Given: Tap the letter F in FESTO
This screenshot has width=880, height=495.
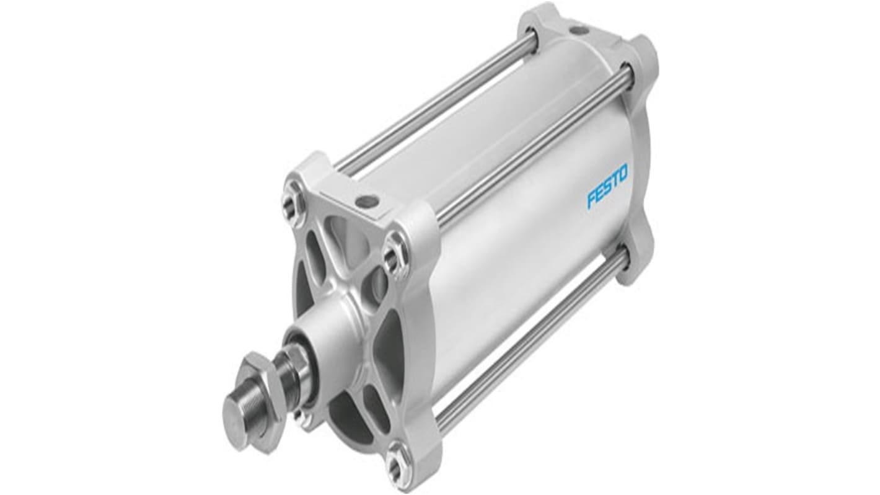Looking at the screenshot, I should [591, 200].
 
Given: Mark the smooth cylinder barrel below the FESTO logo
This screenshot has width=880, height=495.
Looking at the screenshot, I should [527, 261].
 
